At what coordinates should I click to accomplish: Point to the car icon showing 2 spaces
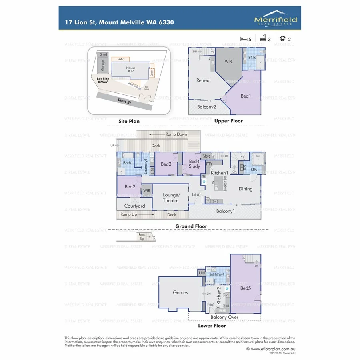pos(283,39)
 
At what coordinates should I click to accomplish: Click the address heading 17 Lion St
pos(119,22)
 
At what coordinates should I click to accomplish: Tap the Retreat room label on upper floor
pos(203,80)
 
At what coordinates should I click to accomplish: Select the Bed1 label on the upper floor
pos(246,96)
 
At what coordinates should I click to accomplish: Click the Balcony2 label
pos(206,107)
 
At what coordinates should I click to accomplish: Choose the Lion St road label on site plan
pos(124,102)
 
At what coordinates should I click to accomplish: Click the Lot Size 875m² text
pos(103,80)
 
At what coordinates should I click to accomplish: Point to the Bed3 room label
pos(166,164)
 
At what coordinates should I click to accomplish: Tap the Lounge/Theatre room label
pos(170,198)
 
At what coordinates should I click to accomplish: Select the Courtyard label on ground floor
pos(134,206)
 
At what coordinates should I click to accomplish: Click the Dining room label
pos(246,189)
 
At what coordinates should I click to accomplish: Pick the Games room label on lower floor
pos(180,292)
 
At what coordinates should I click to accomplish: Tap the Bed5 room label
pos(245,288)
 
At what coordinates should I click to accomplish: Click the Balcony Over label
pos(224,317)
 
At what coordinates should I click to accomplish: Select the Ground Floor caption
pos(191,226)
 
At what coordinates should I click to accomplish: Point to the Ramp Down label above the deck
pos(176,134)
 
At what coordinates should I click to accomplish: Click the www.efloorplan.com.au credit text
pos(271,349)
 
